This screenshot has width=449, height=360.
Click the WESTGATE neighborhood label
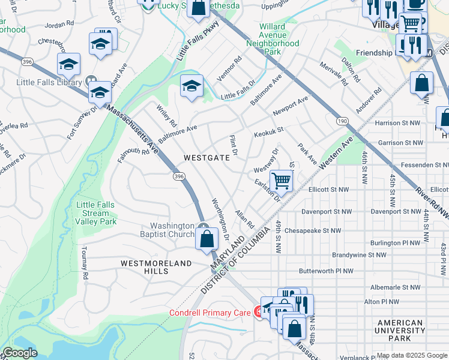tap(206, 158)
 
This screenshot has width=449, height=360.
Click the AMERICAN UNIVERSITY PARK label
tap(400, 331)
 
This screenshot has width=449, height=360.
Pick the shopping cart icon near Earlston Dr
tap(281, 181)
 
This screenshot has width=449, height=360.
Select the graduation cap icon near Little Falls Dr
tap(191, 86)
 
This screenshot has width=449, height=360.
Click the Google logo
tap(20, 353)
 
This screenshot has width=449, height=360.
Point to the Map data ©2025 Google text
tap(412, 355)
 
